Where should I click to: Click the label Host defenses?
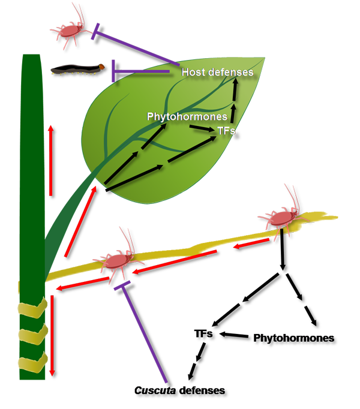[x=218, y=73]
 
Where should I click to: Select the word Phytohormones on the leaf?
[x=187, y=116]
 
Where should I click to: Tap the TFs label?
[x=226, y=128]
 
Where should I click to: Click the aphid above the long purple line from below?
[x=118, y=260]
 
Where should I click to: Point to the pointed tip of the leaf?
[x=265, y=58]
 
